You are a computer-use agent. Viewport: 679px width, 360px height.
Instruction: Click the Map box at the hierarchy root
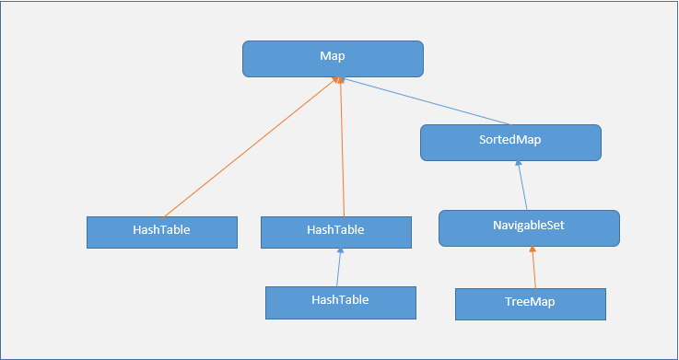333,58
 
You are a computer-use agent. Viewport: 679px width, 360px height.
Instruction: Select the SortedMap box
510,143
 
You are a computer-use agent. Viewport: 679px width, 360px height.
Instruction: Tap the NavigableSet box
529,227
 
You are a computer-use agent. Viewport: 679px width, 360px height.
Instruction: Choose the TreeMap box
530,303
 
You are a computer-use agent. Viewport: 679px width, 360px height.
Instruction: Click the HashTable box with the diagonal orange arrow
162,232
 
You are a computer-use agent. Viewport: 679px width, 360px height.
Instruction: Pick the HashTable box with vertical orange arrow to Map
336,232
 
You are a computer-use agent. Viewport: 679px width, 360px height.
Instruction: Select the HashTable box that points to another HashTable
340,301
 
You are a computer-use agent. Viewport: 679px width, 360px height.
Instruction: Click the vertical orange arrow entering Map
343,147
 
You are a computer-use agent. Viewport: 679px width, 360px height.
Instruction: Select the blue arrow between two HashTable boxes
339,268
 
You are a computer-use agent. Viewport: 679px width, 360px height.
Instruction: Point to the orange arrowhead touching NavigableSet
533,250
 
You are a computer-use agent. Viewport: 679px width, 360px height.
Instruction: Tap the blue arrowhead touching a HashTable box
340,252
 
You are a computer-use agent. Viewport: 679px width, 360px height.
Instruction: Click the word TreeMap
530,302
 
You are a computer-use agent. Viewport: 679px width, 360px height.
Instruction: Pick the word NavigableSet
529,226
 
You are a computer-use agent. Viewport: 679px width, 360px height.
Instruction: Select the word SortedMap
510,143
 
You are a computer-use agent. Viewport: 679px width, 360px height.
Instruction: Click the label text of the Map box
333,57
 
